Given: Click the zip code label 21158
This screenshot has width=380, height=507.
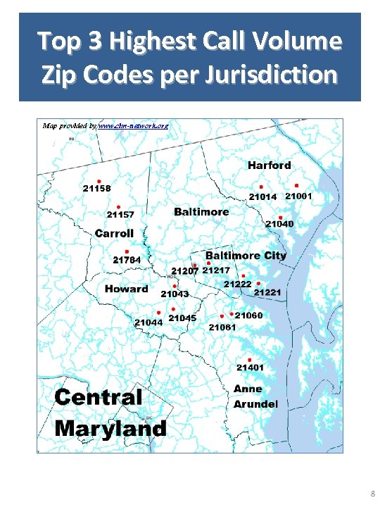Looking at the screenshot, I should point(96,189).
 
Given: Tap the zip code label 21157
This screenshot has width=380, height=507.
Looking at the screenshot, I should point(121,214).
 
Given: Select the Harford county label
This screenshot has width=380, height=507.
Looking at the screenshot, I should point(269,165).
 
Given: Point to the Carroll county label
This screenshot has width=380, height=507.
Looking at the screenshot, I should point(114,233).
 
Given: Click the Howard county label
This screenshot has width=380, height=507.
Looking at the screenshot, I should point(127,289).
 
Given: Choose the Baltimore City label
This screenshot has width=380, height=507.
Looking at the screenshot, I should point(246,255).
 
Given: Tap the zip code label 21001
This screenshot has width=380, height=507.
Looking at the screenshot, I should point(298,196).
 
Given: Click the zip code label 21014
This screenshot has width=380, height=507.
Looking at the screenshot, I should point(263,197).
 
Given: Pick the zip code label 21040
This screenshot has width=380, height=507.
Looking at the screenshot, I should point(279,224).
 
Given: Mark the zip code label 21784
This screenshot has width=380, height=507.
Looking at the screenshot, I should point(127,260).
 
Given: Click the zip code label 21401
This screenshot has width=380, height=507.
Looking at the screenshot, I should point(250,368).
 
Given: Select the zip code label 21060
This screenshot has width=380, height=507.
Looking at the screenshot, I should point(248,315).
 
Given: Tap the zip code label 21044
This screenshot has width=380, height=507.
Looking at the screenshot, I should point(149,323).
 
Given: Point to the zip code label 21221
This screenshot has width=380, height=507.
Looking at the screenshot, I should point(267,292).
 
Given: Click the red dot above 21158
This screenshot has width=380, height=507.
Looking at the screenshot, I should point(99,181).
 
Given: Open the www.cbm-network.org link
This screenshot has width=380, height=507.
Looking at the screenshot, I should point(133,125).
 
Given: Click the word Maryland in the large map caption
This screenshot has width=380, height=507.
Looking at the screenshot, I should point(110,427).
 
